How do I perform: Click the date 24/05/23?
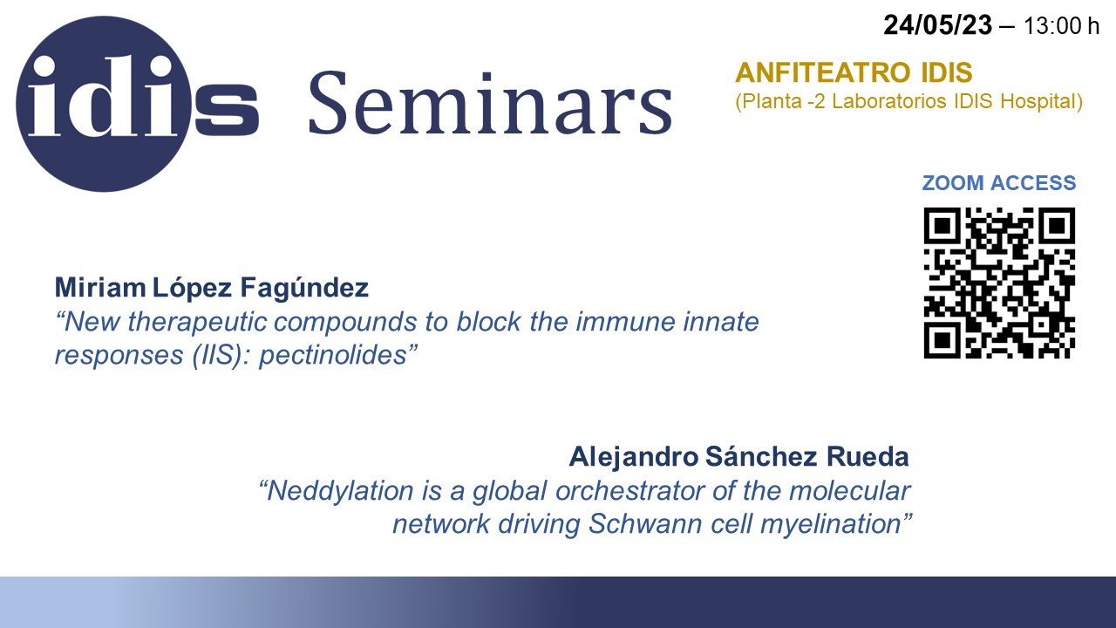tap(937, 25)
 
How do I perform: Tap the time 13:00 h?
tap(1061, 26)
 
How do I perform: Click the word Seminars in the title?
tap(491, 103)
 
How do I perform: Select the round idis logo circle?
tap(104, 104)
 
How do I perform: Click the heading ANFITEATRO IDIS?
tap(854, 72)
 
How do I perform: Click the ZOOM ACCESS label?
tap(999, 183)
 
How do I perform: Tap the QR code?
tap(999, 283)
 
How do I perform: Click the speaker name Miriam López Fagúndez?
tap(211, 288)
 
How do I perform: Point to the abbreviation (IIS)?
tap(221, 355)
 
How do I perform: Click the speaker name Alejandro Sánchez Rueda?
tap(738, 457)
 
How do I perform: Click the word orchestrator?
tap(629, 491)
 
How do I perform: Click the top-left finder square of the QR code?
tap(942, 226)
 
